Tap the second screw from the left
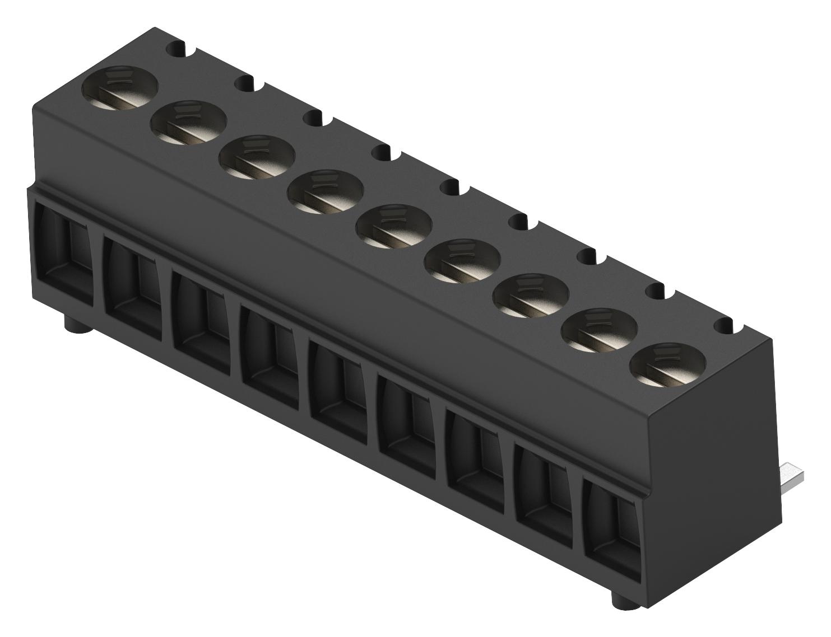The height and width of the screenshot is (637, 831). (x=188, y=121)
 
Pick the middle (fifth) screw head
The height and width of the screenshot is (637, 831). (x=393, y=226)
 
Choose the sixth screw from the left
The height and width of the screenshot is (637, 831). (x=462, y=260)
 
